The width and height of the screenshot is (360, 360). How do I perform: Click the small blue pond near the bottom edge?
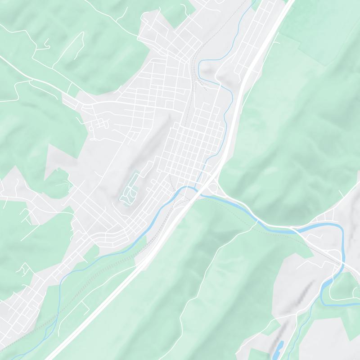(x=279, y=347)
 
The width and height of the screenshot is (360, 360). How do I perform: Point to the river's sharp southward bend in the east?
(x=342, y=234)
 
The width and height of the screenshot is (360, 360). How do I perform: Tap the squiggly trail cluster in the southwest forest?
(x=22, y=270)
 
